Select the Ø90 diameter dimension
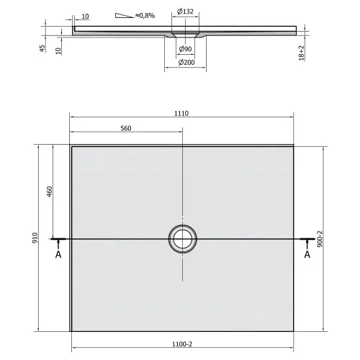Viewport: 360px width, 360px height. point(185,48)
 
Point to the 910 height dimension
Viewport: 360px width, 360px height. point(35,238)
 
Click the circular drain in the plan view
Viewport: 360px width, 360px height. point(181,238)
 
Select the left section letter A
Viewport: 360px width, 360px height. point(57,253)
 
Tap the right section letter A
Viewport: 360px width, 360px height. point(307,253)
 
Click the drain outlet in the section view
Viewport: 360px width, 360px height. point(185,35)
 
